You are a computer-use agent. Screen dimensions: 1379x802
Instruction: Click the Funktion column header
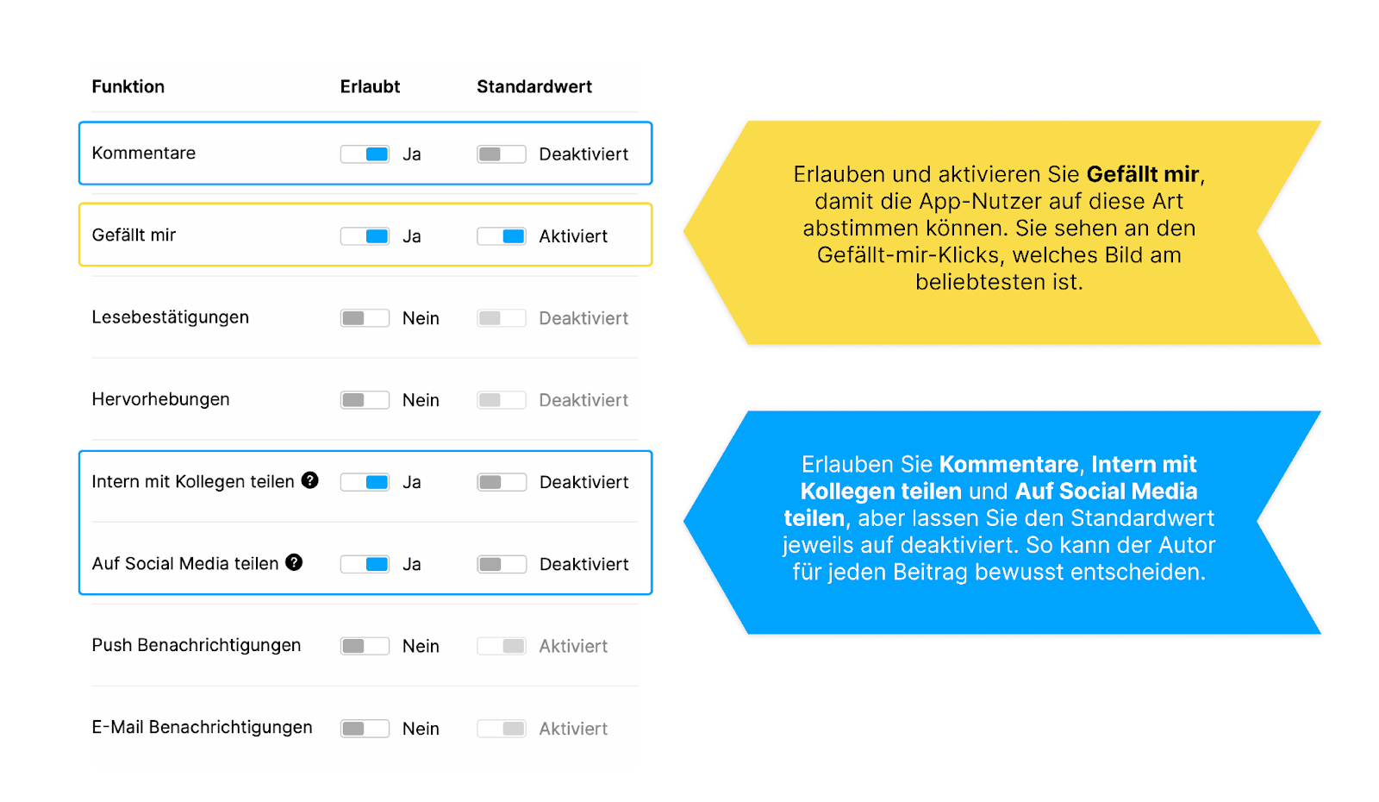(x=128, y=86)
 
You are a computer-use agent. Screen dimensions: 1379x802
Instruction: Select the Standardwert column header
(x=534, y=86)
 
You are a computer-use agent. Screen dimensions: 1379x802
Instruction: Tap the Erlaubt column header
(x=370, y=86)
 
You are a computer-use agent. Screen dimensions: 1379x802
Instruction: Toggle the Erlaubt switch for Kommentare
(x=365, y=154)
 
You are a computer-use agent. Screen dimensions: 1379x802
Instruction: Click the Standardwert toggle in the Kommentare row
(x=502, y=154)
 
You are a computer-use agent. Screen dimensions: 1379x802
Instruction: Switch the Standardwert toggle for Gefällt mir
(x=502, y=236)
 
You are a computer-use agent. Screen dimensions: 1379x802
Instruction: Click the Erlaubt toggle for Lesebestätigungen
(x=365, y=318)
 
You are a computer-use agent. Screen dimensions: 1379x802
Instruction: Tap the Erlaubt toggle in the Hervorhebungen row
(x=365, y=400)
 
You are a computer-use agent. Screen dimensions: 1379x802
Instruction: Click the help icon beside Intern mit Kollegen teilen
(x=309, y=479)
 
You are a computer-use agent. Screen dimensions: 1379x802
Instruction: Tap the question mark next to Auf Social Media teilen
(x=294, y=561)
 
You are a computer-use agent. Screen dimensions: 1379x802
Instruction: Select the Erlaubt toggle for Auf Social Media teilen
(x=365, y=564)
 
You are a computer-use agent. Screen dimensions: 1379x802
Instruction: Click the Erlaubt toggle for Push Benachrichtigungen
(x=365, y=646)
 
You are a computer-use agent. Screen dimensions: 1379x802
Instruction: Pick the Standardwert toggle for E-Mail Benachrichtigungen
(x=502, y=728)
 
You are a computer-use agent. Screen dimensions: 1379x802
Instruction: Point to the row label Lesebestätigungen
(x=171, y=317)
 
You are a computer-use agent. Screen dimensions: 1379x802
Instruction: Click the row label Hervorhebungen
(x=160, y=399)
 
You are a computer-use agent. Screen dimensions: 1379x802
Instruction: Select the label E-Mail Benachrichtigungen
(x=202, y=727)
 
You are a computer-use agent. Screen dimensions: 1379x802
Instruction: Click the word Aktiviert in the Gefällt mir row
(x=573, y=236)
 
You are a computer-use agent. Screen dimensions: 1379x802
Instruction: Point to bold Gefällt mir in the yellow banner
(x=1143, y=174)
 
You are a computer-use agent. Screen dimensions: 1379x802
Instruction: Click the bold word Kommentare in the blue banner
(x=1009, y=464)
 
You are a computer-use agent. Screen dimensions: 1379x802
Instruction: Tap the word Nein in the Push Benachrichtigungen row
(x=421, y=646)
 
